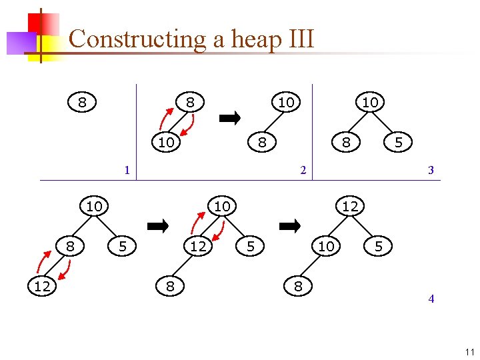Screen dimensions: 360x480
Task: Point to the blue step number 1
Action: pyautogui.click(x=127, y=170)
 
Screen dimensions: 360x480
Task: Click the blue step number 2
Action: pyautogui.click(x=303, y=170)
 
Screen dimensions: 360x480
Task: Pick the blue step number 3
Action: pyautogui.click(x=431, y=170)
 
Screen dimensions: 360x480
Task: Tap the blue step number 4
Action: pyautogui.click(x=431, y=299)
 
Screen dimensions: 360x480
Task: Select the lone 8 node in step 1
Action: pyautogui.click(x=82, y=103)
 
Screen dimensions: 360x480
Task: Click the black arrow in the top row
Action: pyautogui.click(x=230, y=119)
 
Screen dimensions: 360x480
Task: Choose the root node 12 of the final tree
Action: pyautogui.click(x=350, y=207)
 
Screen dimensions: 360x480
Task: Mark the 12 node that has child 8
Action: pyautogui.click(x=198, y=247)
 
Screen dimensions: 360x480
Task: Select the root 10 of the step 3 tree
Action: pyautogui.click(x=370, y=103)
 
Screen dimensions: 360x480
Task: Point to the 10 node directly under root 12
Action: pyautogui.click(x=326, y=247)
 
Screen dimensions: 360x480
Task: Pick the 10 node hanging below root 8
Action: pyautogui.click(x=166, y=142)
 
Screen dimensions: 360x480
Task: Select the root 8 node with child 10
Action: pyautogui.click(x=190, y=103)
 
